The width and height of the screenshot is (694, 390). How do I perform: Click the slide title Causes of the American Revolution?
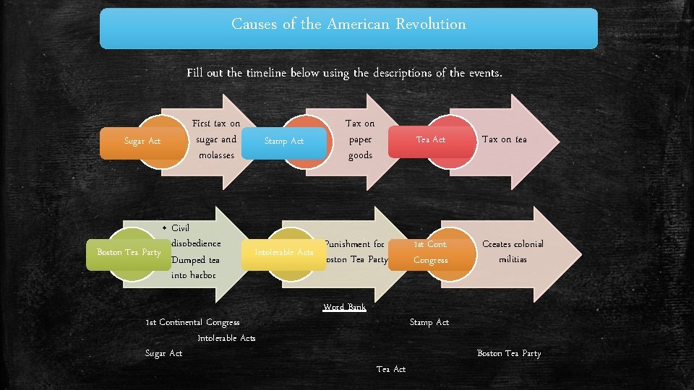point(348,25)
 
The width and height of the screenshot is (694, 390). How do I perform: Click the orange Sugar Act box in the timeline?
point(142,141)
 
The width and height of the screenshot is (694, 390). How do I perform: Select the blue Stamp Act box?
point(283,141)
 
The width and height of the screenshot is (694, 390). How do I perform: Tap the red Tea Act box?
point(431,139)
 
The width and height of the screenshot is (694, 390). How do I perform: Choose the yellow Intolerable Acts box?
point(283,252)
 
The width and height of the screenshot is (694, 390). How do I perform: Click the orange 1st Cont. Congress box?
point(430,252)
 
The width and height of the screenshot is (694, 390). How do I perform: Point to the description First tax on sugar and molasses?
point(216,139)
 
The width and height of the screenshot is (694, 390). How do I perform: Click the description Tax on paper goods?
point(360,139)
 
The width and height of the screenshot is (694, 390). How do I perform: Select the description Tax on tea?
point(504,139)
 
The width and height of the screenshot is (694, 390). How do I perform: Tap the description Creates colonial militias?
point(513,251)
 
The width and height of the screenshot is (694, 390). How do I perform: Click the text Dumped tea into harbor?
point(195,267)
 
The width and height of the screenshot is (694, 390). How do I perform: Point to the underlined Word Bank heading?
point(345,307)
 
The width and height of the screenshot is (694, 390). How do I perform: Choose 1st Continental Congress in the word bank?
point(192,322)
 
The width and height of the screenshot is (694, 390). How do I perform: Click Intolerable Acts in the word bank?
point(226,338)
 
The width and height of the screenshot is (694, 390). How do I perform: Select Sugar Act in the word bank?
point(164,353)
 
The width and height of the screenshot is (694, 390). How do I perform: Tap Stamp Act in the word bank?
point(429,322)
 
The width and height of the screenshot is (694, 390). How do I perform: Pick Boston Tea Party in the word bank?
point(509,353)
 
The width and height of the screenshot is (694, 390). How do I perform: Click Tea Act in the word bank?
point(391,369)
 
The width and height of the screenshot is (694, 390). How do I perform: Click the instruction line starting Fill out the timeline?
point(344,73)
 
